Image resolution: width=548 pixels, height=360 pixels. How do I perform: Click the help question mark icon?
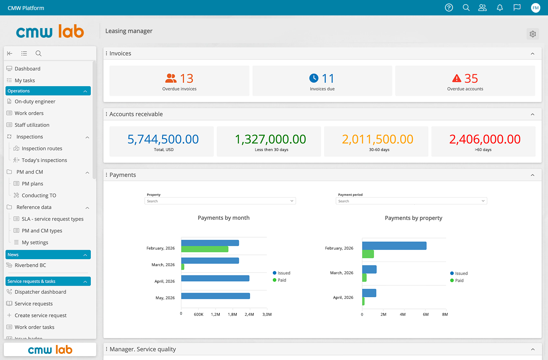coord(449,8)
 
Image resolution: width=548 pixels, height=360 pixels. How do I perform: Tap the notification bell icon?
coord(500,8)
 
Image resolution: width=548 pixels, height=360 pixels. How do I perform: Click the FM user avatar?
coord(535,8)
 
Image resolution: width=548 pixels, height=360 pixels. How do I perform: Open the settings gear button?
coord(533,34)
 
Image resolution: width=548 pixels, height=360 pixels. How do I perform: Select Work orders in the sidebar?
coord(29,113)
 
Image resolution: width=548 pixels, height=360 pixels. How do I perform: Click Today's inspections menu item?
coord(44,160)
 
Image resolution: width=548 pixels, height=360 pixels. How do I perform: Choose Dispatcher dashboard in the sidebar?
coord(40,292)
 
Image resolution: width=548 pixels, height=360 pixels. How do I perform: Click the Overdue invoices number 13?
coord(187,79)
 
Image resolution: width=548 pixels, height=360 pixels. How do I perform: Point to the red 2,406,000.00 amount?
coord(485,139)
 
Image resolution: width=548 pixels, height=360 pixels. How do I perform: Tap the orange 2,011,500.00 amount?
coord(377,139)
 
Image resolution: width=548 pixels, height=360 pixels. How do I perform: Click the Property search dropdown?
coord(220,201)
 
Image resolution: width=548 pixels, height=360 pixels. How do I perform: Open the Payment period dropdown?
coord(411,201)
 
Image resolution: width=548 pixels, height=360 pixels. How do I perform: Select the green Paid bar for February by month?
coord(205,249)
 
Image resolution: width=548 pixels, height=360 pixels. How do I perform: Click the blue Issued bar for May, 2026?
coord(216,296)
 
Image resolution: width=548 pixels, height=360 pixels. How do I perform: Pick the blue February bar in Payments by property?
coord(394,246)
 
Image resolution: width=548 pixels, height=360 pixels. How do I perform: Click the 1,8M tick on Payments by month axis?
coord(232,315)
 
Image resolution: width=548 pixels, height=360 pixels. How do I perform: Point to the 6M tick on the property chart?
coord(426,315)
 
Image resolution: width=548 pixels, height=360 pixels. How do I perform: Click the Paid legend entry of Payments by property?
coord(457,280)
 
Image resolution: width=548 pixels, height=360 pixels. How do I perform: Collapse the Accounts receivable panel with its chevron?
coord(533,114)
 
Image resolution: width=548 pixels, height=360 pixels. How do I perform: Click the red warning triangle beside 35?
coord(456,78)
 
